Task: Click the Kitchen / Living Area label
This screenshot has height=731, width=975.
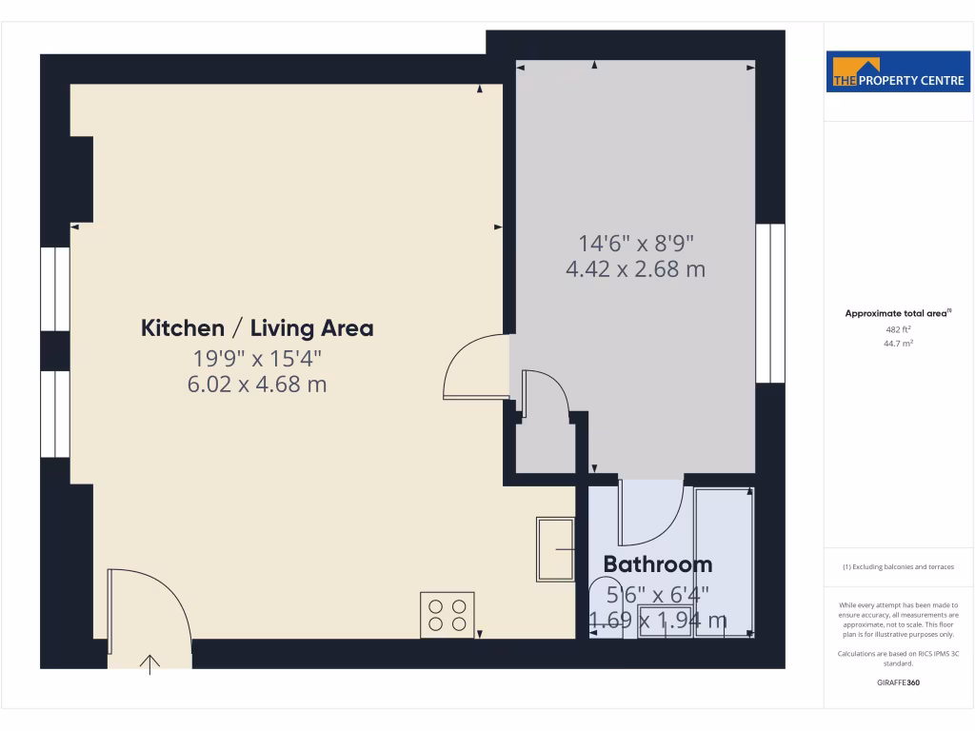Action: [x=257, y=328]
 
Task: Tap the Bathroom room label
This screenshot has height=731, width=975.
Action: [x=658, y=564]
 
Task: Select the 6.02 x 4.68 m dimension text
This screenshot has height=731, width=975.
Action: [x=257, y=385]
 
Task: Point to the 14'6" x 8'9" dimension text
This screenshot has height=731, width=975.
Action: [x=635, y=243]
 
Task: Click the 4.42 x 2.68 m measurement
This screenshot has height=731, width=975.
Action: [x=635, y=269]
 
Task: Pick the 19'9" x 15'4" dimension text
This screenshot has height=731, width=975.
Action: [x=257, y=359]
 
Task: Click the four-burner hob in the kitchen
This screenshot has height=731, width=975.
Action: [x=448, y=614]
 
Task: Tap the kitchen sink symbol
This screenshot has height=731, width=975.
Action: [x=555, y=549]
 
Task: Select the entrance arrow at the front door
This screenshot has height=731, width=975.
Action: [x=150, y=663]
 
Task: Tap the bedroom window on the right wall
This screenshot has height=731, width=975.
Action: [x=770, y=303]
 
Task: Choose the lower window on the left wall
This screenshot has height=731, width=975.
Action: [x=55, y=413]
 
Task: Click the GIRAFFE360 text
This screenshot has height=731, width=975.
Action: [x=898, y=682]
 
